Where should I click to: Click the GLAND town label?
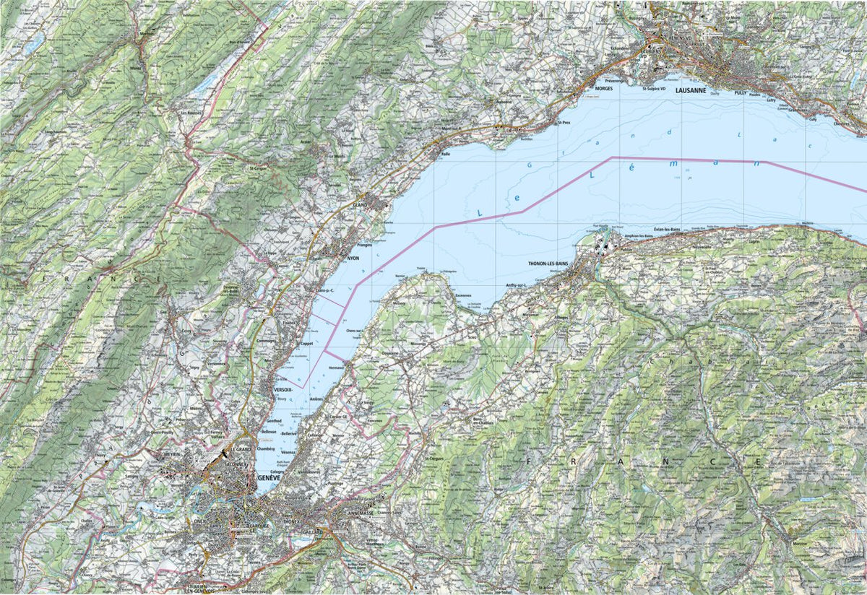point(361,205)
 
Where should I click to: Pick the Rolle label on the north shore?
point(446,153)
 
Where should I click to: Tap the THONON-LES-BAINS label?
point(550,265)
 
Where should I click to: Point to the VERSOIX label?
point(283,389)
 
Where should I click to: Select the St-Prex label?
point(564,123)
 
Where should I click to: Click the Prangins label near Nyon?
point(363,245)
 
